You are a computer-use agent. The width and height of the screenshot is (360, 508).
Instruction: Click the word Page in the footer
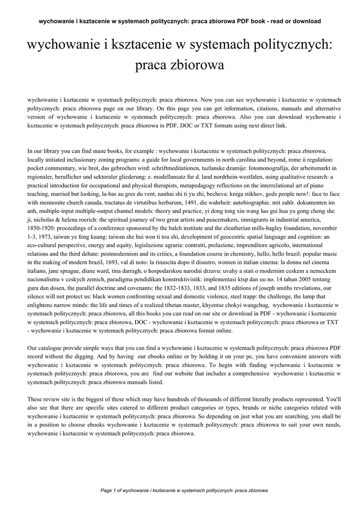[x=106, y=490]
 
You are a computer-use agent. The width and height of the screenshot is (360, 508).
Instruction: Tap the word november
[x=316, y=229]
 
